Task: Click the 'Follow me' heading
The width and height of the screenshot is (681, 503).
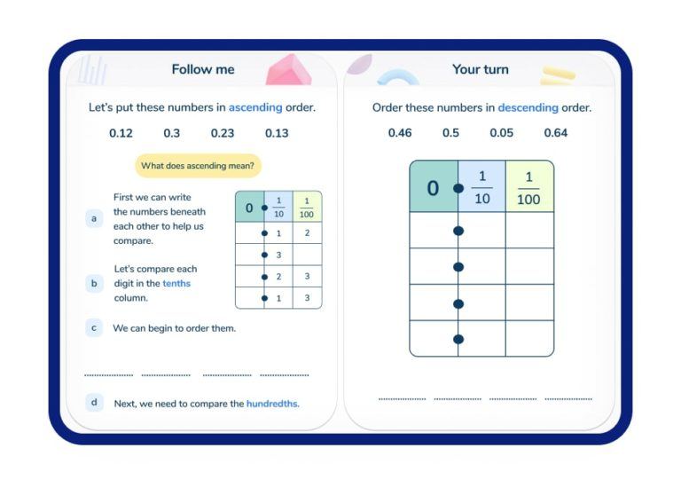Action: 203,69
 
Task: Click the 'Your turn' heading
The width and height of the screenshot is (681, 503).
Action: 481,69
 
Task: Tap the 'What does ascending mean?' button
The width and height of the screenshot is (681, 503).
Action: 198,166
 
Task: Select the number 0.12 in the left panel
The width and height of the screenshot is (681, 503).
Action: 121,133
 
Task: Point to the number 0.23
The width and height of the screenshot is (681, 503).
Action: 223,133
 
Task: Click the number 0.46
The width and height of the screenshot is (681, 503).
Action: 400,133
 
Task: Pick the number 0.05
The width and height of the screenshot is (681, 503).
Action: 501,133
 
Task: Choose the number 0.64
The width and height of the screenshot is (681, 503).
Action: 556,133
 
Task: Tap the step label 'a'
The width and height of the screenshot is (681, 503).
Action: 94,218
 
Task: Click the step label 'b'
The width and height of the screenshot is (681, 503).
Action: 94,284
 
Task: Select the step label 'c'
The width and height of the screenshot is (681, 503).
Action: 94,328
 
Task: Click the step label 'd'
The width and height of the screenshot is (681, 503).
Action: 94,403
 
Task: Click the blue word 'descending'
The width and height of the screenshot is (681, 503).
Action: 528,107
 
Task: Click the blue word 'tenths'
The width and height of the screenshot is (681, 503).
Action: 176,284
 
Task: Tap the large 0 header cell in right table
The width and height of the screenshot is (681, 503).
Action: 433,187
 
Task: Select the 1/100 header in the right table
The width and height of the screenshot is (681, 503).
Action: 528,187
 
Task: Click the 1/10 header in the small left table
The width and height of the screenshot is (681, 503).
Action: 278,208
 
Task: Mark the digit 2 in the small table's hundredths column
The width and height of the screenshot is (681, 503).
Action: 307,233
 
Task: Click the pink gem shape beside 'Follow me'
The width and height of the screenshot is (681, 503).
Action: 288,71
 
